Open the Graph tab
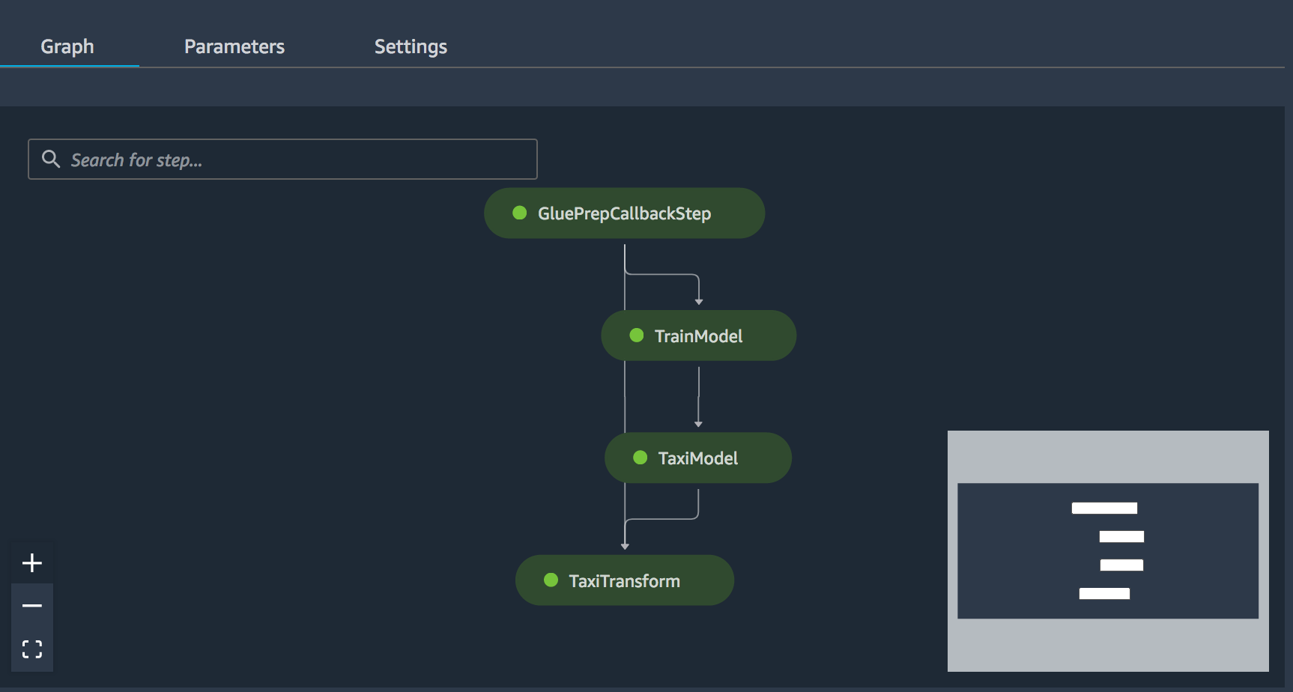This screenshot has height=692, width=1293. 67,46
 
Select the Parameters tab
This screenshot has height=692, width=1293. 234,46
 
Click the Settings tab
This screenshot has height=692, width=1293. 411,46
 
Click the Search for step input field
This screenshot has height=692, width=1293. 282,159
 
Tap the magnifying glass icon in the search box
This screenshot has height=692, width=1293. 51,159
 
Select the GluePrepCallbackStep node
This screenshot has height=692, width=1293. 624,213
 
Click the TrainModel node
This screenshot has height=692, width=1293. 698,336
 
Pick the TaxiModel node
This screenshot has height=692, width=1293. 698,458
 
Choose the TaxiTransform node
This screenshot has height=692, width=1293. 625,580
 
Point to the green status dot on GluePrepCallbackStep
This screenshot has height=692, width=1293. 520,213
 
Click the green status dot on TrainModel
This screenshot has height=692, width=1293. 637,335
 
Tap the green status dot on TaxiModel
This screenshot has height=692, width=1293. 641,458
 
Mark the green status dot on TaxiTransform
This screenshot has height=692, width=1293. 551,580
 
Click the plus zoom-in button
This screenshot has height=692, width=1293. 32,562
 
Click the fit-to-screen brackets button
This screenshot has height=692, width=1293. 32,649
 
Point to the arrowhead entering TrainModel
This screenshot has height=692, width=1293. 699,302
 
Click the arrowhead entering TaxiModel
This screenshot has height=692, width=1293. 698,425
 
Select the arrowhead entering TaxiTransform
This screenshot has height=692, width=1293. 625,547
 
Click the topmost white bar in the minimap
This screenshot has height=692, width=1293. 1104,508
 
